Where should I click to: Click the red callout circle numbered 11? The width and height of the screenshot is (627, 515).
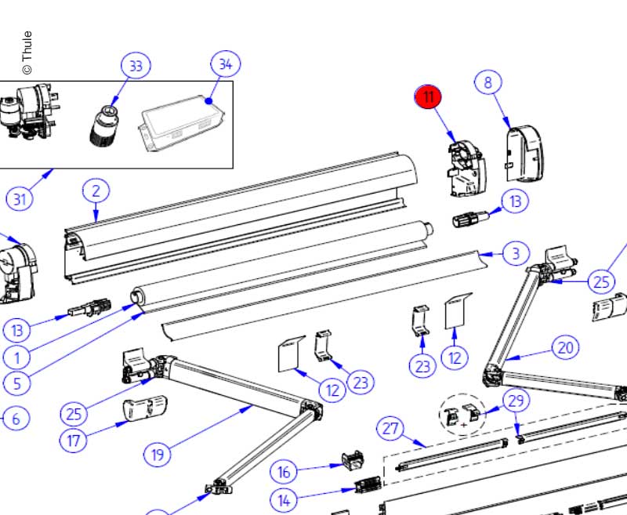pos(429,98)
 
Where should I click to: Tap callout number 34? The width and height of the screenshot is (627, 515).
pos(225,64)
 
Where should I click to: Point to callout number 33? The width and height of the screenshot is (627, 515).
pos(136,67)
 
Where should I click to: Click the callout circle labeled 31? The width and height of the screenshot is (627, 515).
pos(20,199)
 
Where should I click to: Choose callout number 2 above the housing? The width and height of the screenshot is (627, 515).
pos(96,190)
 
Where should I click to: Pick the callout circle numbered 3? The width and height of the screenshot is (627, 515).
pos(515,253)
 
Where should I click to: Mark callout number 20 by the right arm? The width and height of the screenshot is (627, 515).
pos(566,347)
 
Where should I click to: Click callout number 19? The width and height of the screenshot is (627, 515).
pos(157,453)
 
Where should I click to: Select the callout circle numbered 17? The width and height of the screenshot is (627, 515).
pos(73,440)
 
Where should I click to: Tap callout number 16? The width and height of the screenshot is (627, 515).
pos(285,472)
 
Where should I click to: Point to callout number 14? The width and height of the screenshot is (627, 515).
pos(285,499)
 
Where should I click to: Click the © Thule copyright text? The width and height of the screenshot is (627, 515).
pos(27,53)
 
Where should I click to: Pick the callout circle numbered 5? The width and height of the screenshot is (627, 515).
pos(16,383)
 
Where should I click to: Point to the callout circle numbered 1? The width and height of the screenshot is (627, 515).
pos(16,357)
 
